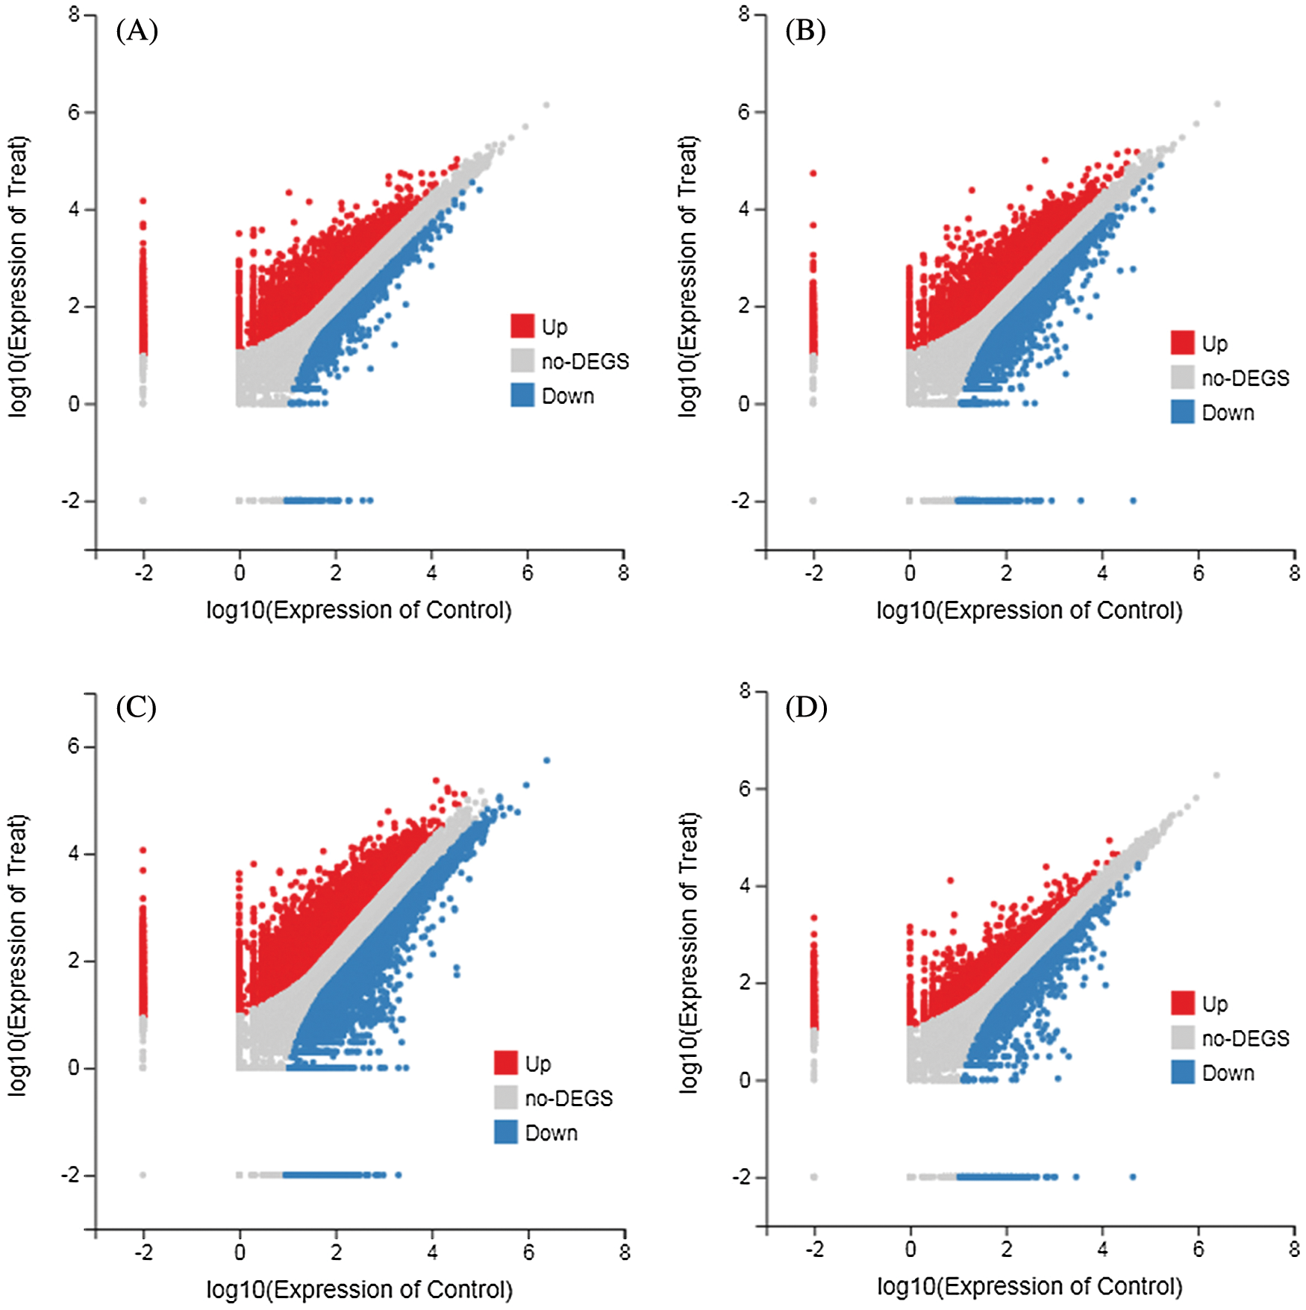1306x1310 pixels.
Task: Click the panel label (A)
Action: tap(137, 31)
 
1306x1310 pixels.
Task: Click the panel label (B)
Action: tap(805, 31)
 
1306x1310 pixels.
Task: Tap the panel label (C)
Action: tap(136, 707)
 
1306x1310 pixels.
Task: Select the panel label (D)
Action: tap(806, 707)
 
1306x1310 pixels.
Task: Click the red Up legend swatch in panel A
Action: tap(522, 326)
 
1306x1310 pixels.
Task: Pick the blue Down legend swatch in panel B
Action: tap(1182, 412)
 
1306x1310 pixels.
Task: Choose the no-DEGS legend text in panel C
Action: tap(569, 1098)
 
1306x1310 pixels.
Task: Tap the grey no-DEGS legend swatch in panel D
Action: tap(1182, 1038)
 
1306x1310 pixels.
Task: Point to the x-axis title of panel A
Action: tap(359, 610)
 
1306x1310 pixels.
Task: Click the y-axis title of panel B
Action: tap(687, 276)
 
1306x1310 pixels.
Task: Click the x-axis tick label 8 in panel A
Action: tap(623, 573)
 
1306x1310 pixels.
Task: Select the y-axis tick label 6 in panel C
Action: tap(73, 746)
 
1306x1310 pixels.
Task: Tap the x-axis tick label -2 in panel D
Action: tap(814, 1250)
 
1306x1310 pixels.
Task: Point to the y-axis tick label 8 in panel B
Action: tap(744, 14)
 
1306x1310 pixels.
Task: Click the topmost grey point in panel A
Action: tap(546, 105)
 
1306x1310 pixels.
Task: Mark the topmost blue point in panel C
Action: tap(547, 761)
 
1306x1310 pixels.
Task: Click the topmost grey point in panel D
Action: tap(1216, 776)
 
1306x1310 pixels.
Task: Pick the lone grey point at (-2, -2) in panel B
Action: tap(813, 501)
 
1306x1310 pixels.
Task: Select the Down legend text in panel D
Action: tap(1228, 1073)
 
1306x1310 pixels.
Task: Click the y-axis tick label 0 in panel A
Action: tap(74, 404)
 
